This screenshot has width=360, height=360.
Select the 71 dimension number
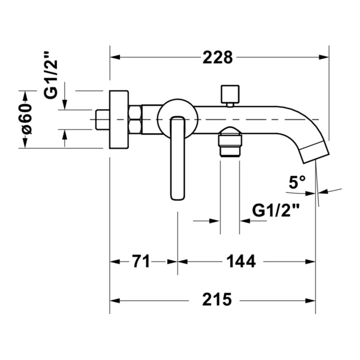[141, 261]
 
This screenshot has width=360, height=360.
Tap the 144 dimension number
[241, 261]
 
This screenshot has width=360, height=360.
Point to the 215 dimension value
[217, 299]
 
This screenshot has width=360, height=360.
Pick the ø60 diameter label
[26, 118]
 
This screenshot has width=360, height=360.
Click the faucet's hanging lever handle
[177, 158]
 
